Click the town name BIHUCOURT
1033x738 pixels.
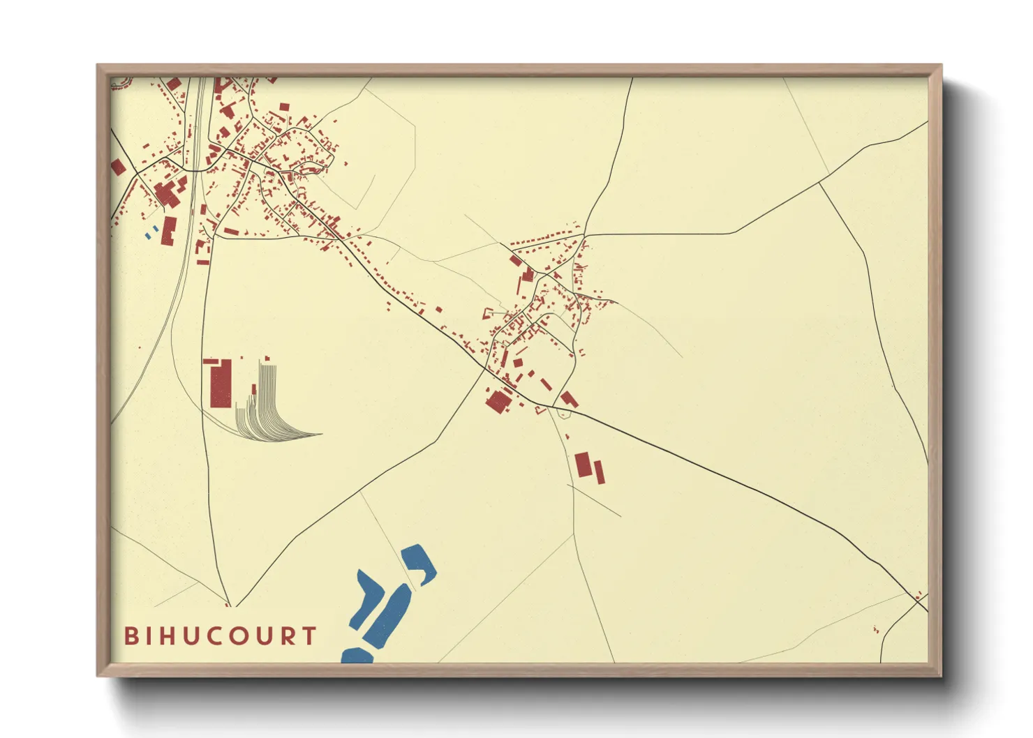click(x=221, y=635)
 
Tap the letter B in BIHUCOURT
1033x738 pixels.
click(x=131, y=635)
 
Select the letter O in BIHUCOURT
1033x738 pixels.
click(x=241, y=635)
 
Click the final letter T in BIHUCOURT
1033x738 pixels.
click(x=309, y=635)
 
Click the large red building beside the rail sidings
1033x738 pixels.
click(x=221, y=384)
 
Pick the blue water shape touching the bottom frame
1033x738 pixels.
click(x=357, y=656)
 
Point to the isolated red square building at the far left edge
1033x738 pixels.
click(x=118, y=167)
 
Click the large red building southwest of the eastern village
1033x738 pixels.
click(x=498, y=402)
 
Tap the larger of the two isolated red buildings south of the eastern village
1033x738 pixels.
click(x=583, y=465)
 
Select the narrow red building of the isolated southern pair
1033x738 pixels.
click(x=599, y=472)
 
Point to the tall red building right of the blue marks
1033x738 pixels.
click(x=168, y=231)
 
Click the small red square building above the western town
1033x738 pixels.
click(x=284, y=107)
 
